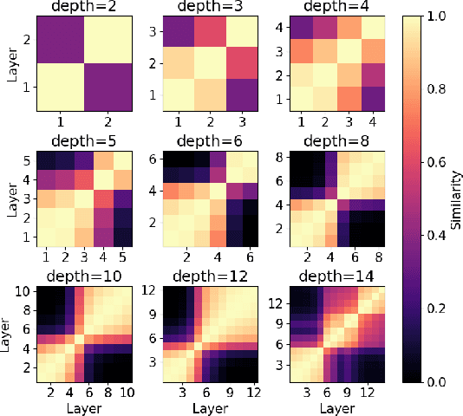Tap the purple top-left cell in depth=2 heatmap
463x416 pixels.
49,41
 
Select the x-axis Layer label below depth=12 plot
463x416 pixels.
205,407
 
